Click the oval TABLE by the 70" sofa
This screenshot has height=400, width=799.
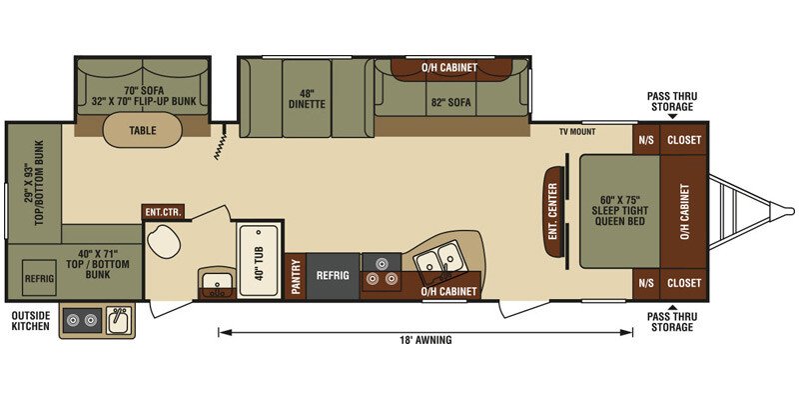(142, 130)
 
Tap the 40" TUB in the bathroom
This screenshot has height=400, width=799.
(260, 260)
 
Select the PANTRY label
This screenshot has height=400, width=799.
(296, 276)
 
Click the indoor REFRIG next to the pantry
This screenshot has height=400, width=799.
(333, 276)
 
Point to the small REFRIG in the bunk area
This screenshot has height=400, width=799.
(39, 278)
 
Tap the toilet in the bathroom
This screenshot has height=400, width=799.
(163, 240)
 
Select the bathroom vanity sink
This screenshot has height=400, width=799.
(217, 282)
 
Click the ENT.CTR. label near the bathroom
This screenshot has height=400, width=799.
(163, 212)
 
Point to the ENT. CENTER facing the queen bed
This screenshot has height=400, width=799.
(554, 212)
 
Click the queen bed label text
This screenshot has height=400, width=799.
(620, 210)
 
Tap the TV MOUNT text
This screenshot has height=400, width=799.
(577, 132)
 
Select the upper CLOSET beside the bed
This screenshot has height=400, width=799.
(684, 140)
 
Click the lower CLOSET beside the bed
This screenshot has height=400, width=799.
(684, 283)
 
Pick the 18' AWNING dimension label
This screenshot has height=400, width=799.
(426, 340)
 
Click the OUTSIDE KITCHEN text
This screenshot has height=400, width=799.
(31, 320)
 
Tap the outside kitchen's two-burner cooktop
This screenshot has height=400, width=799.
(82, 320)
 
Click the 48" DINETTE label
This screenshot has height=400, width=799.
(307, 98)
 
